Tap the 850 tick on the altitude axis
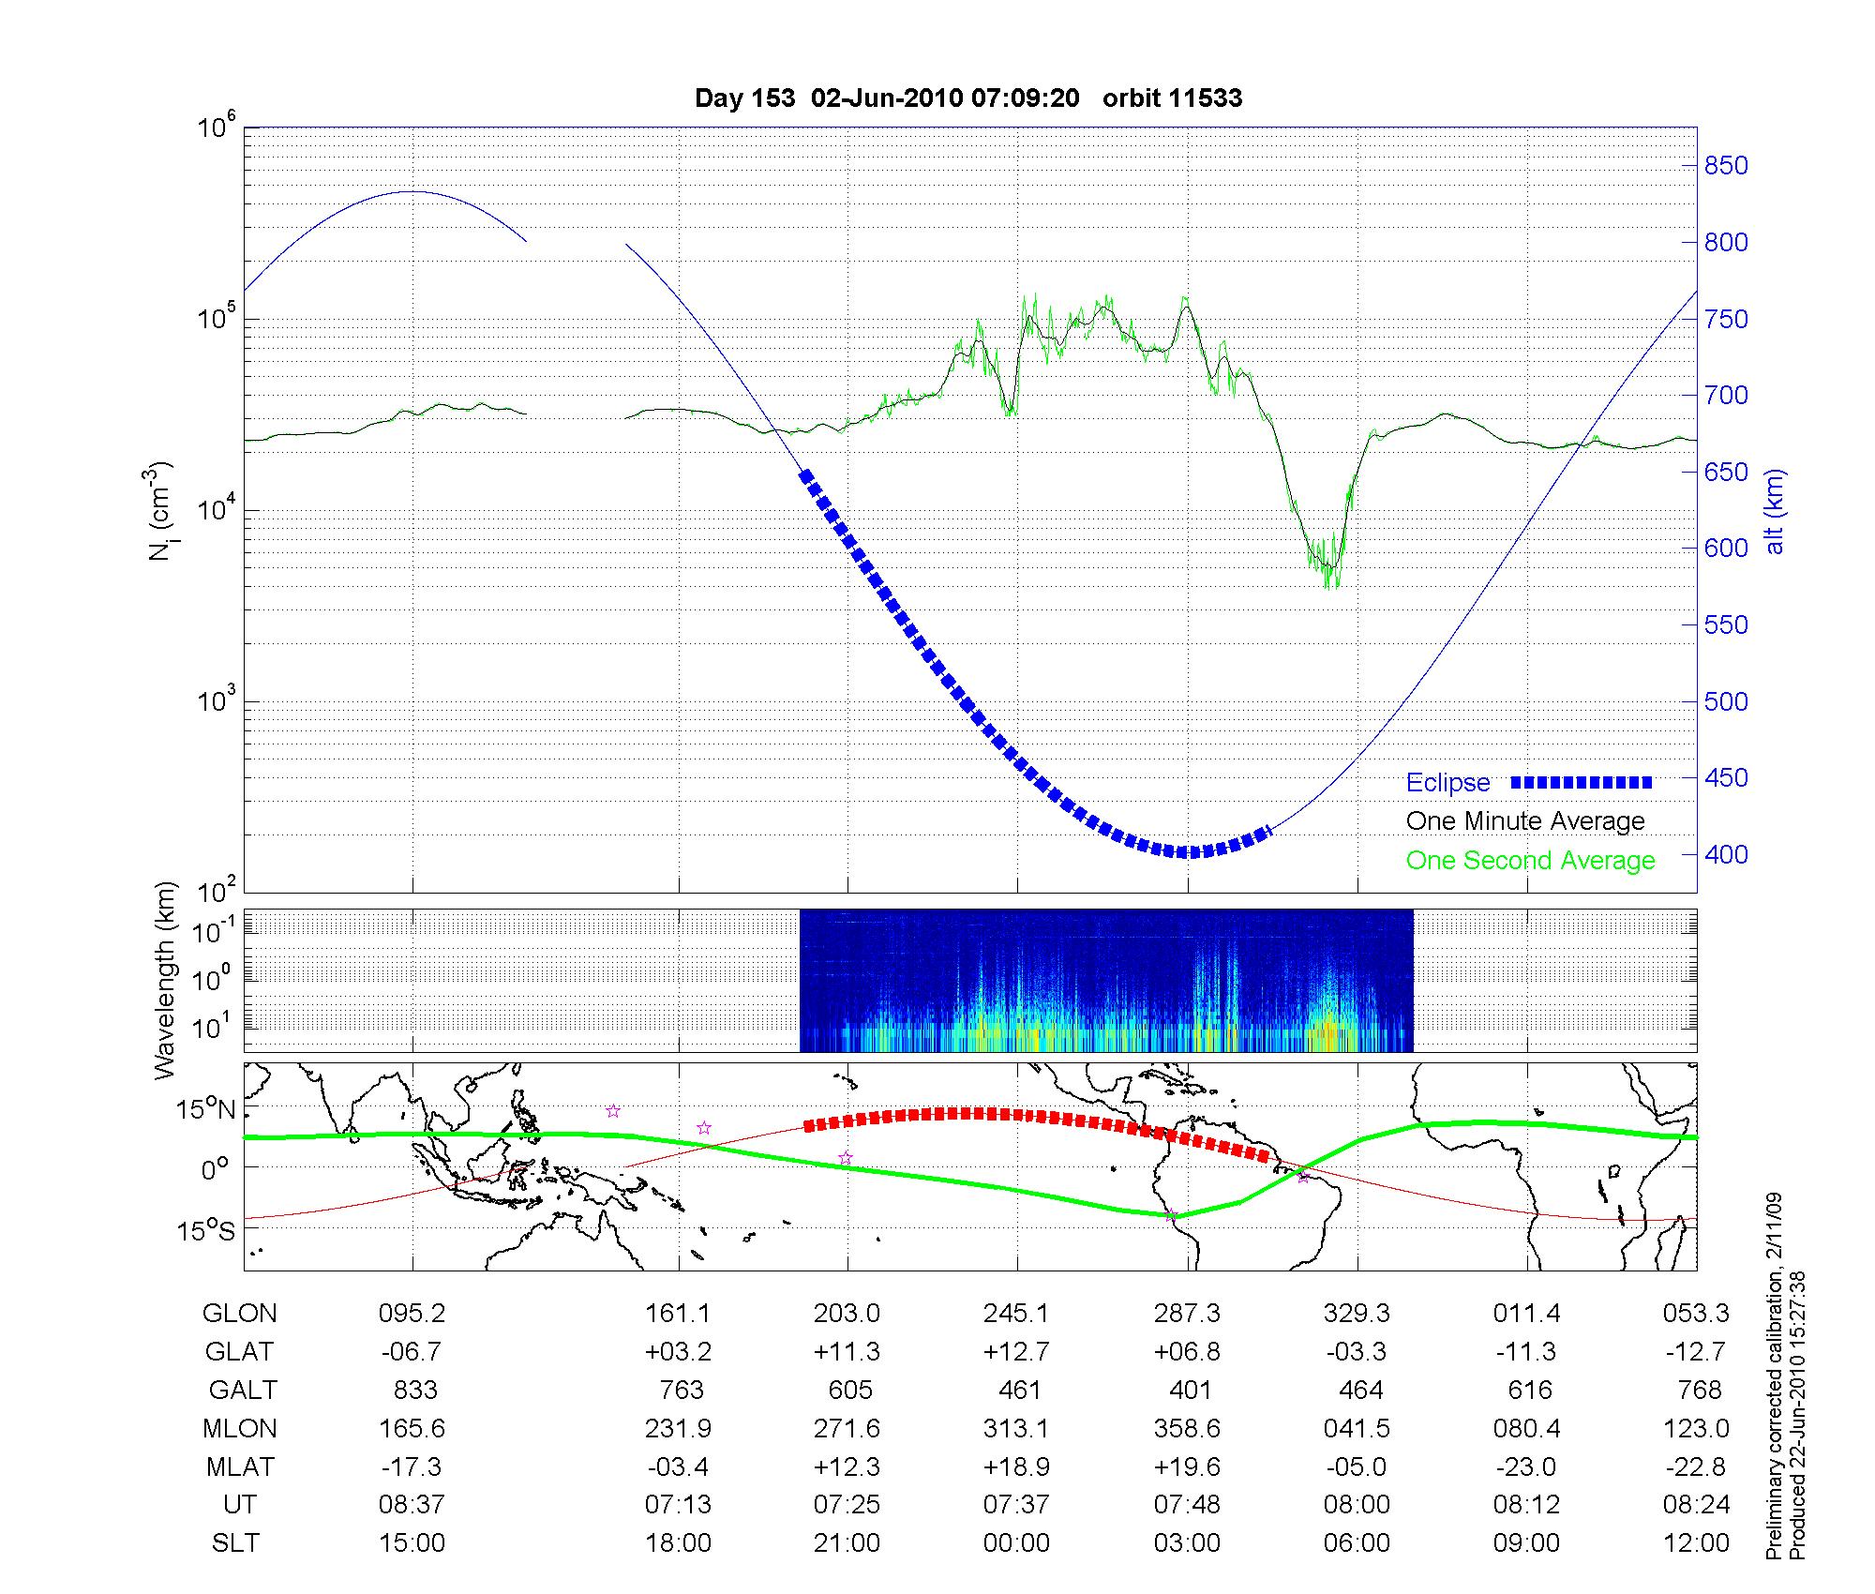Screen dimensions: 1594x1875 pos(1726,166)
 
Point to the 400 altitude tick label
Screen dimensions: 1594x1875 pos(1726,854)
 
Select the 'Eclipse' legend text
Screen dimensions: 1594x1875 pos(1447,783)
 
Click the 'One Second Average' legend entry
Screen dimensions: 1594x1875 pos(1530,861)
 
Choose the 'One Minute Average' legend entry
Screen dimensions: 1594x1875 pos(1525,821)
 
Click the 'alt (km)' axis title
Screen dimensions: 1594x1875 pos(1775,511)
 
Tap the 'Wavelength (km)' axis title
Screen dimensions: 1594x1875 pos(166,981)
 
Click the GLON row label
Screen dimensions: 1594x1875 pos(240,1314)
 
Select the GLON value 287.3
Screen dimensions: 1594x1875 pos(1188,1314)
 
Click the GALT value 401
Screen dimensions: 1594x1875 pos(1190,1390)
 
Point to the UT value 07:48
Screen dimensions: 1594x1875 pos(1188,1505)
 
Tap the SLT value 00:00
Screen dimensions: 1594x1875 pos(1017,1543)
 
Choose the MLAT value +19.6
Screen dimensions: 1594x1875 pos(1188,1466)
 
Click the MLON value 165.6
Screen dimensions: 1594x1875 pos(412,1428)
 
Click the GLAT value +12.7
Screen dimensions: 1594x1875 pos(1017,1352)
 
